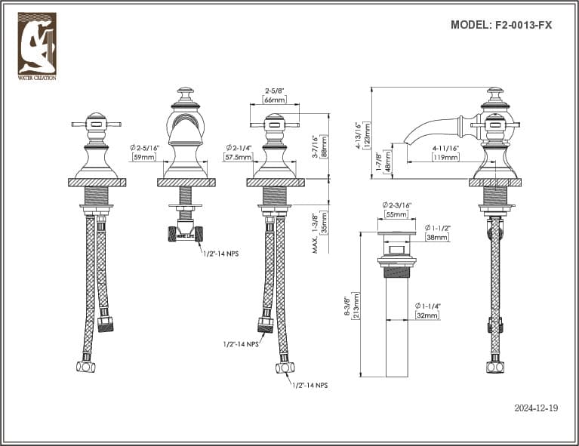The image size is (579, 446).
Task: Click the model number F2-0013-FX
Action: click(500, 24)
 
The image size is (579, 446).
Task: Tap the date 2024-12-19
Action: click(535, 408)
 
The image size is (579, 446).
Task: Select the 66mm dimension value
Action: click(274, 100)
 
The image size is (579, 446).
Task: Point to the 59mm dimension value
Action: click(143, 157)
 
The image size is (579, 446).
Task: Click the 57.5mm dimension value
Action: click(238, 157)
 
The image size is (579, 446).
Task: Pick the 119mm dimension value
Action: click(445, 157)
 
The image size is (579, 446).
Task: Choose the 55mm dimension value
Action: click(396, 214)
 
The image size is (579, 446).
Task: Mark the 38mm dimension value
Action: click(437, 237)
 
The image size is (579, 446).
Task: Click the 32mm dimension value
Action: click(427, 315)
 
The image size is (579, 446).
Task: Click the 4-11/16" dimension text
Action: click(445, 148)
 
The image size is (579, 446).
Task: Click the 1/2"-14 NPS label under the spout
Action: click(220, 254)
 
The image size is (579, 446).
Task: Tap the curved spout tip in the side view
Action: click(408, 140)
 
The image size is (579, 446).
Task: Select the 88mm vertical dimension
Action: click(324, 146)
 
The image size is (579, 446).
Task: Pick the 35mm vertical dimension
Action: click(324, 226)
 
